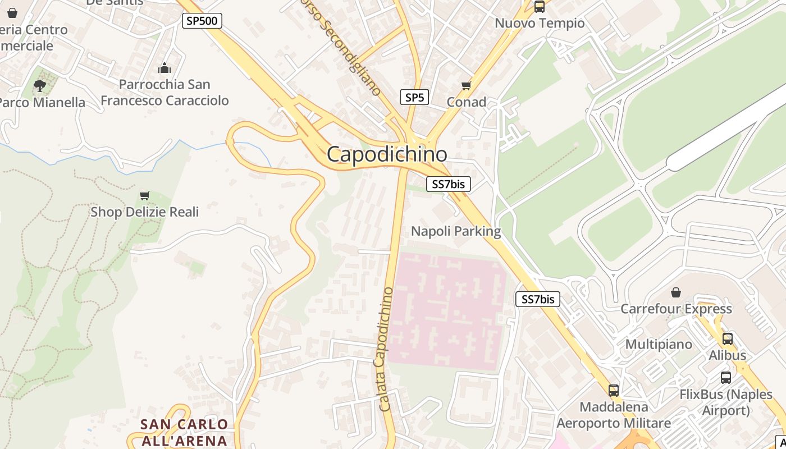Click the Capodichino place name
(387, 154)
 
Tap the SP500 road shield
(202, 21)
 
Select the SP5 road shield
(414, 97)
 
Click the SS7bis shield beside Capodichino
(448, 184)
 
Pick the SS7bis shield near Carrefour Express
(538, 299)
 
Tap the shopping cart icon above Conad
(466, 86)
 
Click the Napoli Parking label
(456, 231)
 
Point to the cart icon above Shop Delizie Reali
(145, 195)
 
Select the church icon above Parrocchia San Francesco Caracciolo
(164, 68)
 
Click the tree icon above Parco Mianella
(39, 86)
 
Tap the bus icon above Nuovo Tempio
(539, 7)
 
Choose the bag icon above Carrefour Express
(676, 292)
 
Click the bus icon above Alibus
(728, 339)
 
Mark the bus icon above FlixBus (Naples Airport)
(726, 378)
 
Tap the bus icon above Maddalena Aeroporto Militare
(613, 391)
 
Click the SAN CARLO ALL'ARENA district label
(184, 432)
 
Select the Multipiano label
(659, 344)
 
